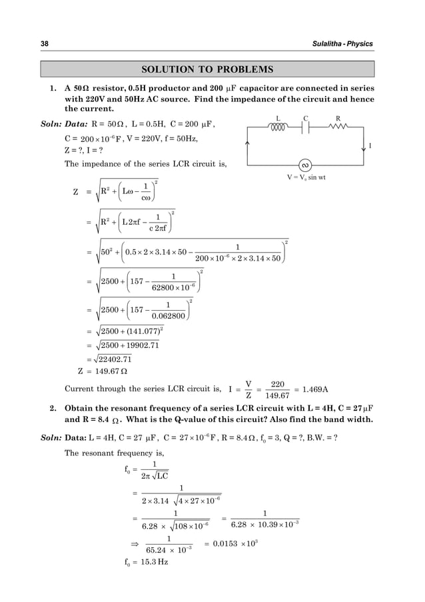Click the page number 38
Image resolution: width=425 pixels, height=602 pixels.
(x=45, y=44)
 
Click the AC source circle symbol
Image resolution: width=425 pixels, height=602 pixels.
(x=306, y=165)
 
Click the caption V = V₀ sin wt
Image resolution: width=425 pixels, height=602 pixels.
(x=306, y=179)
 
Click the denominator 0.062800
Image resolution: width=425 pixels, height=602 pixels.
(x=167, y=316)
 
